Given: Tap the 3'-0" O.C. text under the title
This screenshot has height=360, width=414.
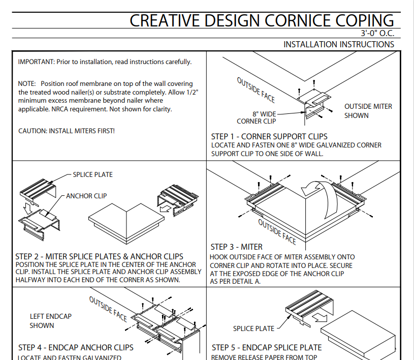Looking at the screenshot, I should [x=377, y=34].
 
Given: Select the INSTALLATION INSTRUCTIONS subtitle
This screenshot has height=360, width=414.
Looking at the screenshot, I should [x=338, y=44].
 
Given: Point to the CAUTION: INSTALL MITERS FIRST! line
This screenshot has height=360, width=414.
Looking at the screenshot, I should [x=67, y=131].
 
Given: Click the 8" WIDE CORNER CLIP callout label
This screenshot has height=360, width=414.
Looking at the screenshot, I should [x=257, y=117].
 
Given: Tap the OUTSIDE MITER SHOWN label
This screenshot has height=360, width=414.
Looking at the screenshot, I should [x=368, y=111].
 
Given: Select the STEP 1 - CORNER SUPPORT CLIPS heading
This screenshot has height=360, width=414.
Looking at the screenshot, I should [x=269, y=136].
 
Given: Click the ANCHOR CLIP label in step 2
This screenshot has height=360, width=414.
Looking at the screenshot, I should [x=86, y=196].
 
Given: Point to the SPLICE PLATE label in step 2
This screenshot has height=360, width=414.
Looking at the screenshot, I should [x=92, y=174].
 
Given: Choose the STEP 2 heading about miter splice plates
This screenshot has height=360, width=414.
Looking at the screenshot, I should [x=99, y=256].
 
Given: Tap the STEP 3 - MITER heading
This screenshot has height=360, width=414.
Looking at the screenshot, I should [x=236, y=247].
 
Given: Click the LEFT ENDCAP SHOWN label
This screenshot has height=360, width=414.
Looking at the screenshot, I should [x=50, y=321].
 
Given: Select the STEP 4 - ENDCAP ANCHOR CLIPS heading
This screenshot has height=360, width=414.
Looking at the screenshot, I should [x=76, y=348].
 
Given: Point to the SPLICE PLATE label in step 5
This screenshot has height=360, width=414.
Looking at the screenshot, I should [x=253, y=328].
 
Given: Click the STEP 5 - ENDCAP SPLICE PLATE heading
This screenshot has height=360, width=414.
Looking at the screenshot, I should [x=267, y=348].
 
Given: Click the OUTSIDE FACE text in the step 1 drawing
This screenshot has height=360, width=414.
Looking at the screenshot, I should [x=256, y=89].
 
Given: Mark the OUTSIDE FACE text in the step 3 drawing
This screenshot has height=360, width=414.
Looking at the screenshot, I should [x=277, y=231].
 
